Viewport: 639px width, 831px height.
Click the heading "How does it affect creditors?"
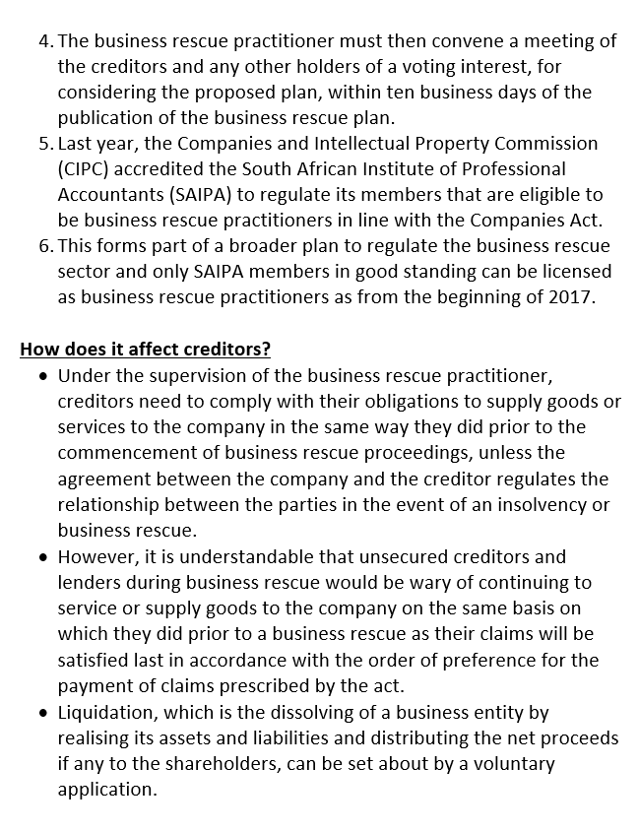click(x=146, y=349)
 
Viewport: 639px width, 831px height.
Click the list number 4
click(x=45, y=40)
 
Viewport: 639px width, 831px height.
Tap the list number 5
click(x=45, y=143)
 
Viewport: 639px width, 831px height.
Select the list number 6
click(x=45, y=245)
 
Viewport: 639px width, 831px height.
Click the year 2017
click(x=571, y=296)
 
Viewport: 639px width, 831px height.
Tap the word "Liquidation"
click(x=106, y=712)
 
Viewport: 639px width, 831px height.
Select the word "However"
click(x=98, y=557)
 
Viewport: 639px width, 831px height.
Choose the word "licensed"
click(x=574, y=271)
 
